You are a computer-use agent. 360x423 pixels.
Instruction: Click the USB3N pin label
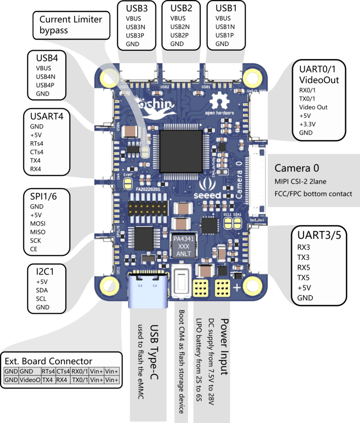pyautogui.click(x=134, y=27)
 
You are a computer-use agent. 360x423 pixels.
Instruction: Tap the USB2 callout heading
pyautogui.click(x=181, y=8)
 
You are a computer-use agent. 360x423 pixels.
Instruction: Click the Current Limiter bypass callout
pyautogui.click(x=71, y=24)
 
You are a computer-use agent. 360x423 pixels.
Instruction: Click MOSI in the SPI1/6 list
pyautogui.click(x=38, y=223)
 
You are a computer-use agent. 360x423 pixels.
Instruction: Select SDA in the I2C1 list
pyautogui.click(x=42, y=290)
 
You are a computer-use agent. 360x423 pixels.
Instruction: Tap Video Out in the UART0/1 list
pyautogui.click(x=313, y=107)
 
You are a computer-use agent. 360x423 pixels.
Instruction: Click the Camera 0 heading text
pyautogui.click(x=297, y=168)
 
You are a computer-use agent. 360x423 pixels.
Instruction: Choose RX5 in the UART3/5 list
pyautogui.click(x=304, y=267)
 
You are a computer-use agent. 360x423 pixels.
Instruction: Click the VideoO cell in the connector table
pyautogui.click(x=30, y=380)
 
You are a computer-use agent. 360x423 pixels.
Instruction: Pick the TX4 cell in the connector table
pyautogui.click(x=48, y=380)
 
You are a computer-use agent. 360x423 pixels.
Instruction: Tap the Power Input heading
pyautogui.click(x=224, y=346)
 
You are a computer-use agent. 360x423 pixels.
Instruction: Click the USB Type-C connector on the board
pyautogui.click(x=148, y=290)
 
